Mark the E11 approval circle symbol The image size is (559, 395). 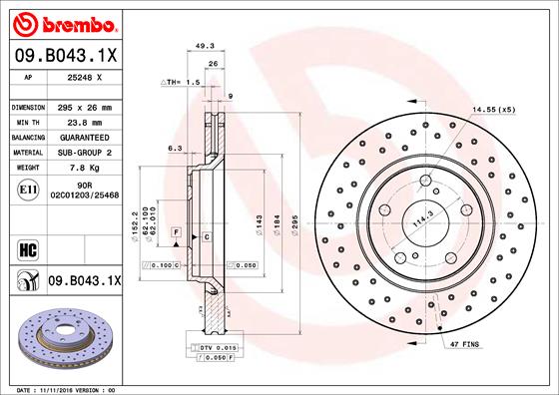29,189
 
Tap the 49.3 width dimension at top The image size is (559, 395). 206,46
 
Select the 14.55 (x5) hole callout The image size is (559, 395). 494,108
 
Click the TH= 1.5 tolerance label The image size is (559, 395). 180,82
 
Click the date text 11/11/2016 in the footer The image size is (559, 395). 64,389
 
